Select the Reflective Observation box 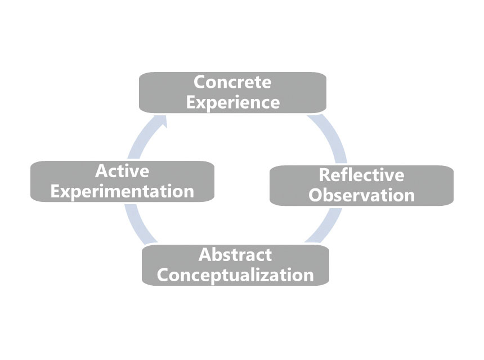(x=361, y=185)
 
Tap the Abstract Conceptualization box (x=235, y=265)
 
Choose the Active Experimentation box (x=122, y=181)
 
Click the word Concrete (x=232, y=82)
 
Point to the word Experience (x=232, y=102)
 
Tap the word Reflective (x=361, y=175)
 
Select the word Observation (x=361, y=195)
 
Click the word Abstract (x=235, y=255)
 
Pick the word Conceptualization (x=235, y=275)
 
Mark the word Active (x=122, y=170)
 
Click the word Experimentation (x=122, y=191)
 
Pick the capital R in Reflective (x=325, y=175)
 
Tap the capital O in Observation (x=316, y=195)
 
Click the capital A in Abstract (x=205, y=255)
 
